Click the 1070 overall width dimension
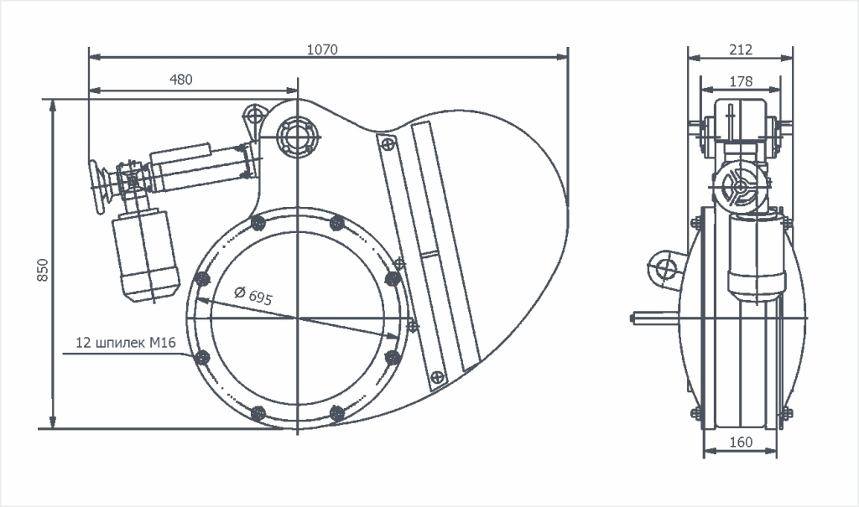322,49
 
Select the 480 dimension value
181,80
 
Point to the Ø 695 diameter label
254,295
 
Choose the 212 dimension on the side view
741,49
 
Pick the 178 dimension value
741,81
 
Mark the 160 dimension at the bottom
741,442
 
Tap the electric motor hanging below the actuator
148,256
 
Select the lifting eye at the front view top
253,114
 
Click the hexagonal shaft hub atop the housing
297,135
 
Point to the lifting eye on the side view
666,269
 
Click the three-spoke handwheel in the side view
740,187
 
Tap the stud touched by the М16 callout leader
201,358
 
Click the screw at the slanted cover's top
386,144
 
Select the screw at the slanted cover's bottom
437,379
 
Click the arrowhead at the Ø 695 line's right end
393,335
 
